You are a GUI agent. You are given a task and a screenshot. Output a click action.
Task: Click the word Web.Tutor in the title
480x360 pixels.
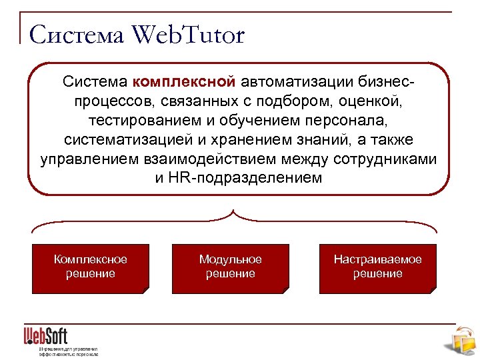tap(189, 35)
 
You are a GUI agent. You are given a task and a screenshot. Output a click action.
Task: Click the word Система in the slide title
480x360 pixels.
tap(77, 35)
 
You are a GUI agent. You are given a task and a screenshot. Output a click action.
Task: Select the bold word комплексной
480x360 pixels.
tap(184, 82)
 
